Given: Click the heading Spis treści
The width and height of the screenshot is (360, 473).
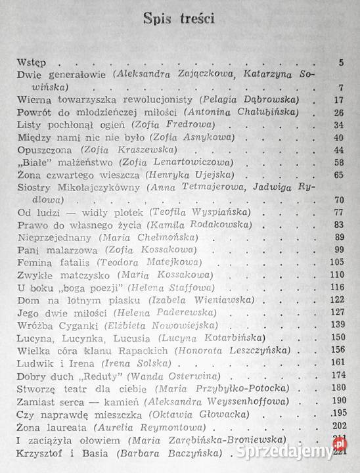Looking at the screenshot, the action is coord(181,18).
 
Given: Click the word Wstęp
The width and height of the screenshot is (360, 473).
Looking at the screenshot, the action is coord(32,63).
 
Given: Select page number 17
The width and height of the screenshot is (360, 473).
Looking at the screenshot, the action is coord(339,100).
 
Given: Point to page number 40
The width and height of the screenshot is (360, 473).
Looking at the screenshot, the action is coord(339,137).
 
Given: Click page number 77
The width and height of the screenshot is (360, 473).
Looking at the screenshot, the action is coord(339,213).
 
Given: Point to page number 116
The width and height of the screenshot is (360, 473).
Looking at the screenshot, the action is coord(337,287).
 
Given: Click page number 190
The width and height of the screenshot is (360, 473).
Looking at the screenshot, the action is coord(337,401).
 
